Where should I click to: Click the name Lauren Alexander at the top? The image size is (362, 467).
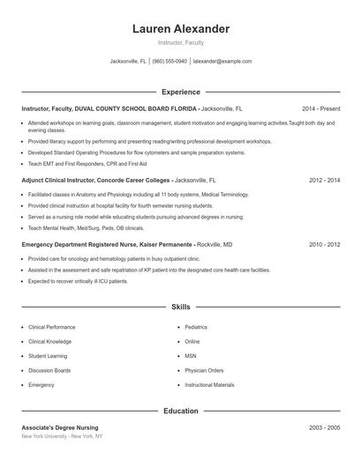[180, 29]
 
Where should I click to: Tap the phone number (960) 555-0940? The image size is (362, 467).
[170, 62]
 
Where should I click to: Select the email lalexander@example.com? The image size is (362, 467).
[222, 62]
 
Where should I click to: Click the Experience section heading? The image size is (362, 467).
[180, 92]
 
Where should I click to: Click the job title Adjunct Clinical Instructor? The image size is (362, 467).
[61, 179]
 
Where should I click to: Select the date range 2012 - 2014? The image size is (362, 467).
[324, 179]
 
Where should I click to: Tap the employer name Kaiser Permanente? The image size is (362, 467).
[169, 243]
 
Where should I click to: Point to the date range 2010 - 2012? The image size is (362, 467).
[324, 243]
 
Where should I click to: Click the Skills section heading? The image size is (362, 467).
[180, 307]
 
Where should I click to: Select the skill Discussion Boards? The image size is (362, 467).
[49, 370]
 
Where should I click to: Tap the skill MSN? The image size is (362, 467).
[191, 356]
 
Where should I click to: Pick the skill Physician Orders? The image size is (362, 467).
[204, 370]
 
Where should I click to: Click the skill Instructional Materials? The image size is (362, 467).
[209, 385]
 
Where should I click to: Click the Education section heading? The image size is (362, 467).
[180, 411]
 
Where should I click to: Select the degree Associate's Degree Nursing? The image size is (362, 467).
[60, 426]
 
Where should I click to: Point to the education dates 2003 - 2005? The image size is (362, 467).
[324, 426]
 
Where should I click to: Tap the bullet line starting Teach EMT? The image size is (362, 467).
[75, 163]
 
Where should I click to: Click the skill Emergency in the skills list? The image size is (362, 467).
[41, 385]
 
